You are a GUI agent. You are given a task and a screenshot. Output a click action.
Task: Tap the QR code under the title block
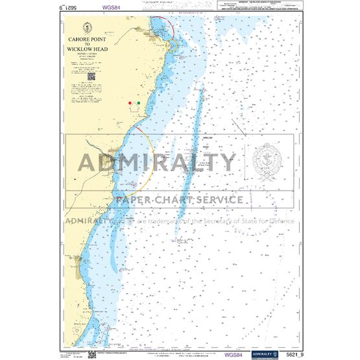91,76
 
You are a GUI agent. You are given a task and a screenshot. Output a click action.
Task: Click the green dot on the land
139,102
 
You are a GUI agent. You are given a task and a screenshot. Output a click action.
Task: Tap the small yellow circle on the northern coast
173,45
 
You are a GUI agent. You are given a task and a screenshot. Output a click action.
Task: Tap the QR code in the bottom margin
92,352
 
